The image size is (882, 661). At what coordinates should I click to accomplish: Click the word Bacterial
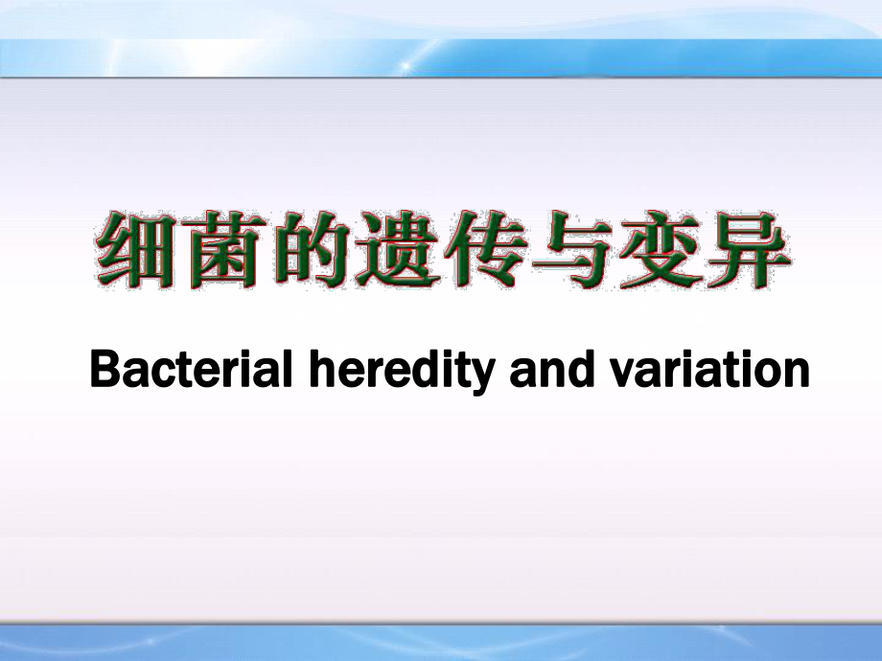(x=191, y=369)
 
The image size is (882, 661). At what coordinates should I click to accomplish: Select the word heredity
(x=403, y=373)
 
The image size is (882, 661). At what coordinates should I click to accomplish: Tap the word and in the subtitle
(x=552, y=369)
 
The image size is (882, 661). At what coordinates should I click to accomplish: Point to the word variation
(x=709, y=369)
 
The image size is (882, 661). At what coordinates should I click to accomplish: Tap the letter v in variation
(x=623, y=375)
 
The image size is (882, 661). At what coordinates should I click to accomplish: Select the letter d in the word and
(x=581, y=369)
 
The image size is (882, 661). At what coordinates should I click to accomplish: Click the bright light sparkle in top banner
(x=405, y=66)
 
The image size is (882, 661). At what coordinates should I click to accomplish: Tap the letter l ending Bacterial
(x=288, y=369)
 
